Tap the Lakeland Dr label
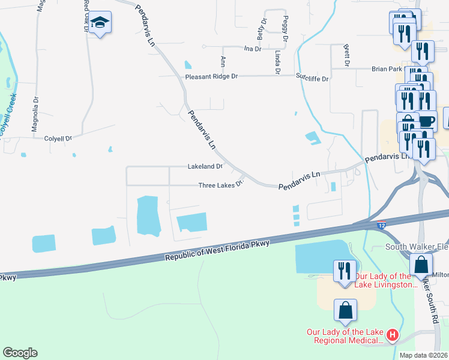(x=205, y=166)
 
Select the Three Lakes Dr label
(x=221, y=185)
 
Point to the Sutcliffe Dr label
(x=312, y=78)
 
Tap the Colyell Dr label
(x=58, y=138)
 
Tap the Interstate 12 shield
(x=382, y=225)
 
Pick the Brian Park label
(x=387, y=69)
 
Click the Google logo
(x=20, y=353)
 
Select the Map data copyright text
(x=423, y=355)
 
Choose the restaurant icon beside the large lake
(x=345, y=269)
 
